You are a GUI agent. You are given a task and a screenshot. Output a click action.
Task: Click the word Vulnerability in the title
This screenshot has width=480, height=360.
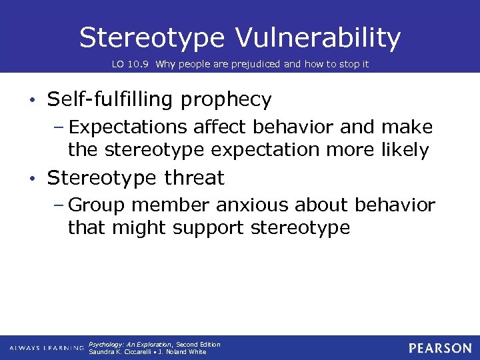(x=318, y=38)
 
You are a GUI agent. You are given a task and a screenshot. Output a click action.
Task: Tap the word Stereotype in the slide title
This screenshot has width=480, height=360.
(x=151, y=38)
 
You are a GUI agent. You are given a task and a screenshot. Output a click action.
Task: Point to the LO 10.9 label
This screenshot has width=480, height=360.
(x=133, y=65)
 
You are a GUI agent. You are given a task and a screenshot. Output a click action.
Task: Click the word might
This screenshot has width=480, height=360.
(x=139, y=228)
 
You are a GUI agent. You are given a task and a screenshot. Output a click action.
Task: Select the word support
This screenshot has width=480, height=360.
(x=208, y=229)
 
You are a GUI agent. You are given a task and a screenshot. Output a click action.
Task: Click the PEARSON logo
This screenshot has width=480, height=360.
(x=440, y=348)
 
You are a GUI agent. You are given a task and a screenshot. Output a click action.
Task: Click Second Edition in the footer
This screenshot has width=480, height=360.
(x=198, y=345)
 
